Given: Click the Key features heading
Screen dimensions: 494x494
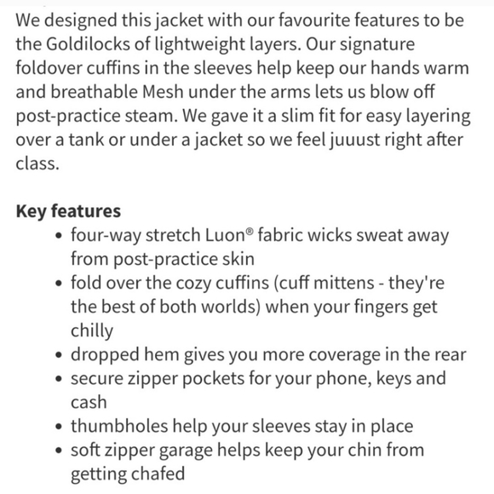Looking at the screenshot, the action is click(68, 210).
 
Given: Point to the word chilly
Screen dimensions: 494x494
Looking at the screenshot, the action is click(93, 330).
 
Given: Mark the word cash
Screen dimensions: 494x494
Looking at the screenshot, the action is click(89, 402).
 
